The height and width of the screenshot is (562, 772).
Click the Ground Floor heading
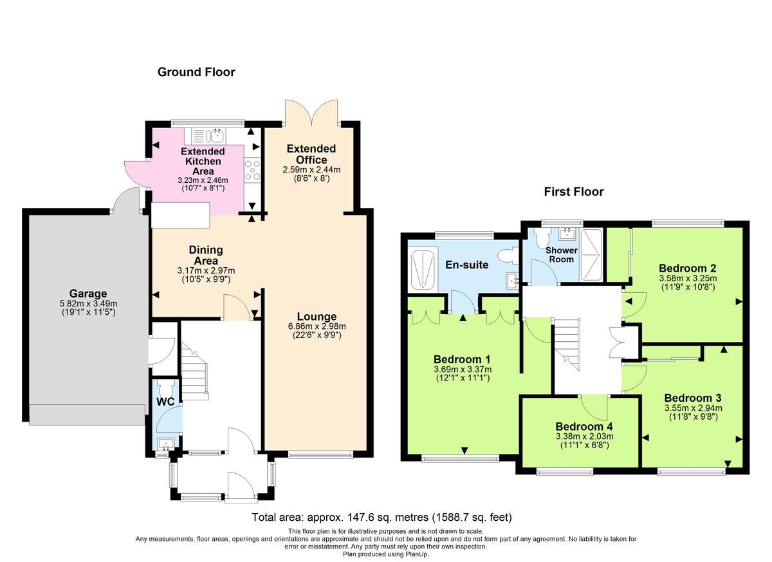click(x=196, y=72)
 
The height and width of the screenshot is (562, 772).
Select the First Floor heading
click(x=574, y=191)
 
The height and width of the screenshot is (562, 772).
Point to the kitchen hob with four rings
click(x=252, y=171)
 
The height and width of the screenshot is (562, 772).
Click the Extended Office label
click(x=311, y=155)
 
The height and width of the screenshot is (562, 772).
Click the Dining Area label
click(x=206, y=255)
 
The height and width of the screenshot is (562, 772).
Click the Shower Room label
click(x=562, y=254)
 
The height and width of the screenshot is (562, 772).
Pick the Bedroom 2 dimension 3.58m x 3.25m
click(x=687, y=278)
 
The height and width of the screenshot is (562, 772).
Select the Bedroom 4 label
click(x=584, y=426)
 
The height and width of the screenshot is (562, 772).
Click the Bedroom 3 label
click(x=693, y=397)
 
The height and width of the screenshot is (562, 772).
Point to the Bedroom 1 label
click(x=461, y=359)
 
